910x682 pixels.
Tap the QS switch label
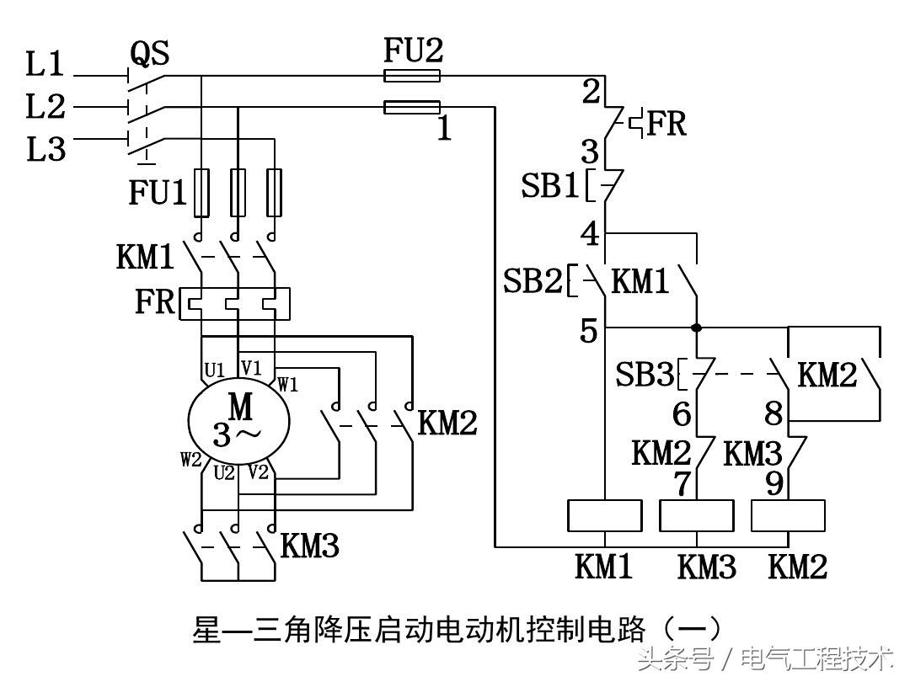[149, 54]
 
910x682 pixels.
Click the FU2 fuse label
[413, 52]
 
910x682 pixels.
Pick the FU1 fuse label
[158, 193]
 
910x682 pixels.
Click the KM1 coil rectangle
[605, 515]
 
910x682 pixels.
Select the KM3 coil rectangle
[696, 515]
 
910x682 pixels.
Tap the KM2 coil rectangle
[787, 515]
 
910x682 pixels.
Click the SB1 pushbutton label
[549, 186]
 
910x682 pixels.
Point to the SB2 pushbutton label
[533, 281]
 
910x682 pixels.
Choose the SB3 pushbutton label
[645, 375]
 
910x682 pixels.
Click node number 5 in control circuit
[588, 332]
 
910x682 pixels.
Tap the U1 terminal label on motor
[214, 370]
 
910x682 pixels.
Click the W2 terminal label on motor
[190, 460]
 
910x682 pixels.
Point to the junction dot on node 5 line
[697, 327]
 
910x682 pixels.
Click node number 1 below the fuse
[445, 130]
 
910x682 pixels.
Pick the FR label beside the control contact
[666, 124]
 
